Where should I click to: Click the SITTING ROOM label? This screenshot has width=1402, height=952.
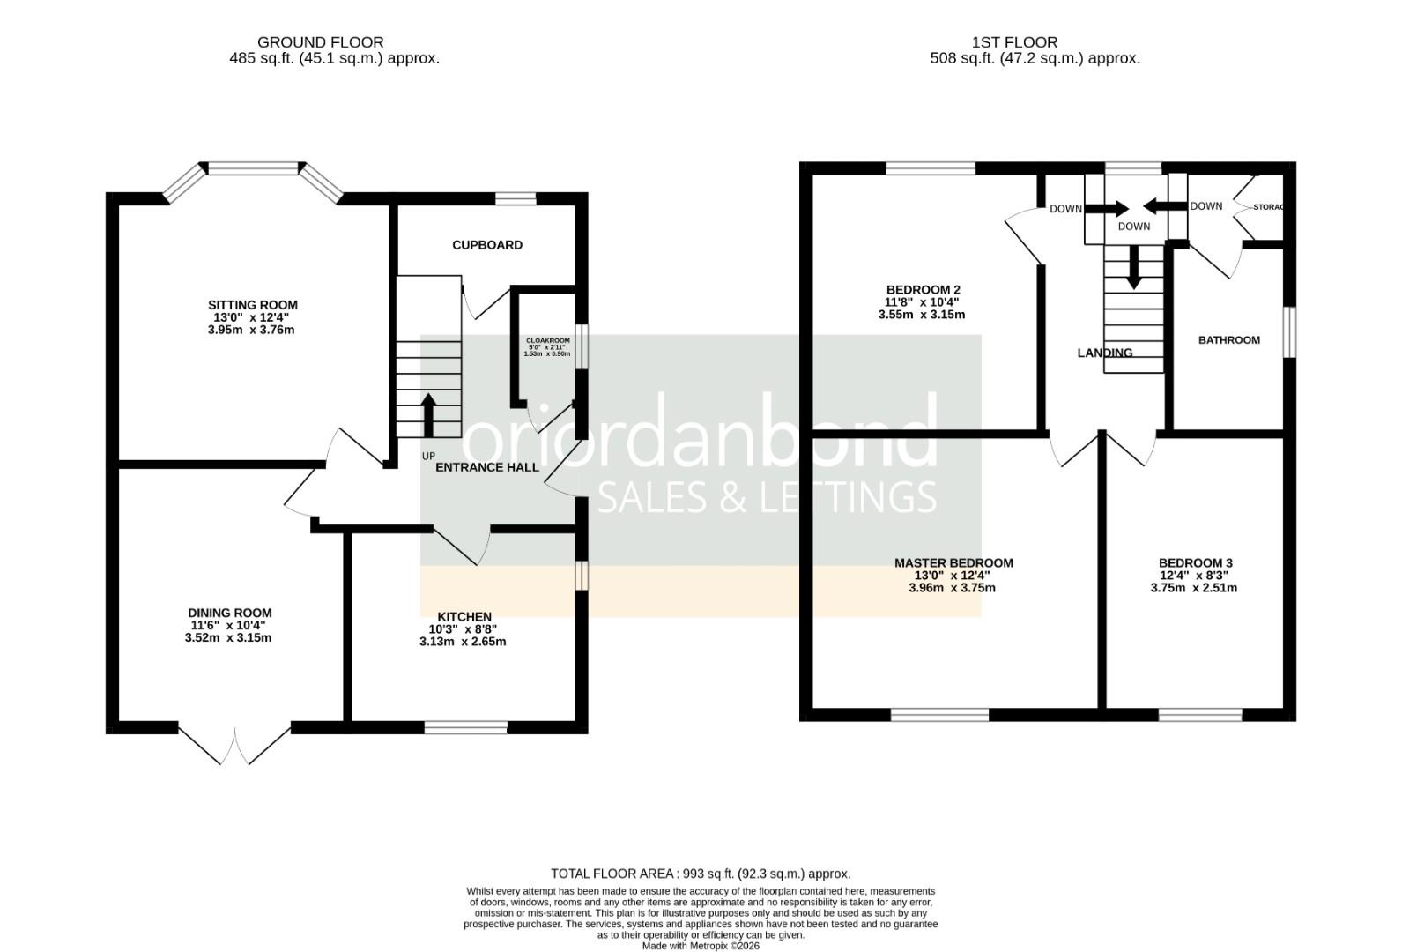tap(252, 306)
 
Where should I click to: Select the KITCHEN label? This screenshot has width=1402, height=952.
tap(464, 616)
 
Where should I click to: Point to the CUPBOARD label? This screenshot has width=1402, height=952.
tap(487, 245)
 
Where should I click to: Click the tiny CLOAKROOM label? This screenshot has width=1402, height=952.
tap(547, 340)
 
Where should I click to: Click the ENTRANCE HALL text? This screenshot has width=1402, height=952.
tap(486, 467)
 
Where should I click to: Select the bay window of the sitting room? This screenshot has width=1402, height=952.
tap(254, 169)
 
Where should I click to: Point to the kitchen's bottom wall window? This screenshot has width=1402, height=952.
tap(466, 727)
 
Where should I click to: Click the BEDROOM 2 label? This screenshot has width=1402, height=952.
tap(923, 289)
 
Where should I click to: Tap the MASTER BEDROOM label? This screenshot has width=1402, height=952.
tap(953, 562)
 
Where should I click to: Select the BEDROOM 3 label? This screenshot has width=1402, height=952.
tap(1195, 562)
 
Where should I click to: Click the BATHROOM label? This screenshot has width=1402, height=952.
tap(1228, 339)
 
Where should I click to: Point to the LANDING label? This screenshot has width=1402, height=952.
tap(1104, 353)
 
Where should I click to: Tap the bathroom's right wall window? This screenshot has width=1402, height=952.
tap(1288, 332)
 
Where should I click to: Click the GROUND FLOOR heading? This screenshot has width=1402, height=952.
tap(320, 41)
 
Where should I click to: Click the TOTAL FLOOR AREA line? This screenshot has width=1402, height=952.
tap(701, 874)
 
